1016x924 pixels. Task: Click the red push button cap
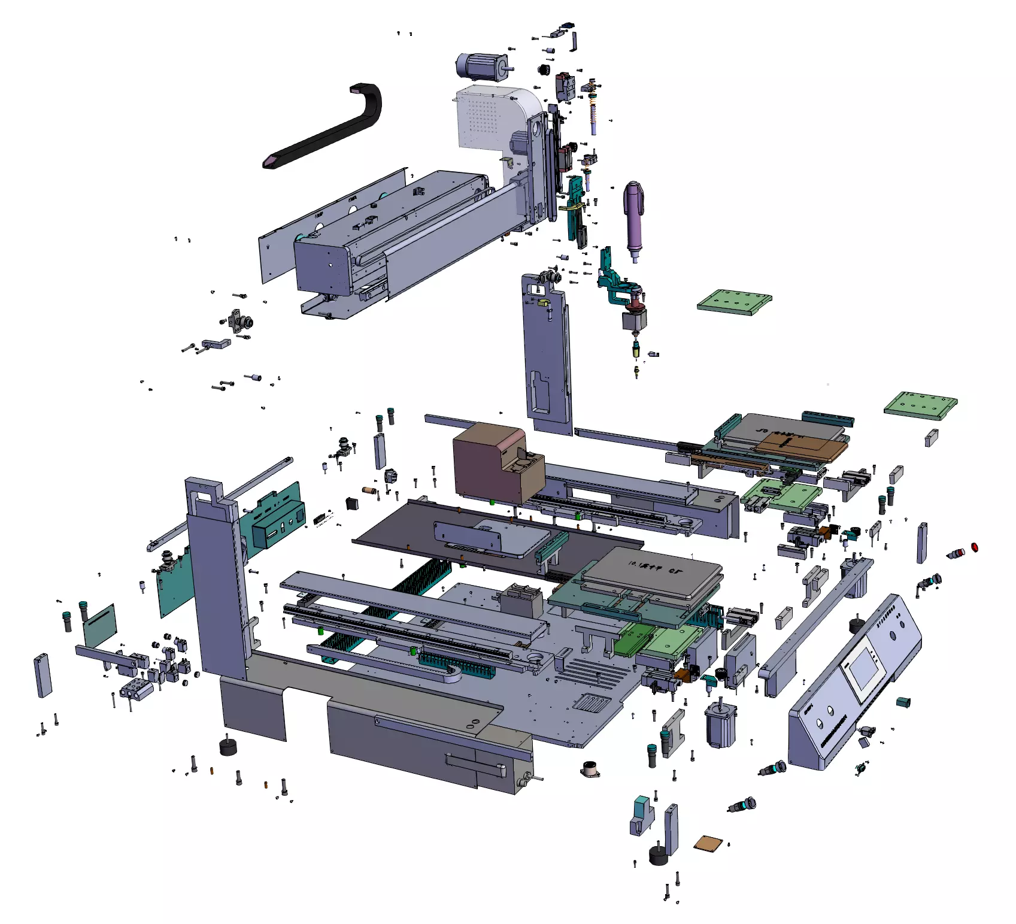click(x=974, y=547)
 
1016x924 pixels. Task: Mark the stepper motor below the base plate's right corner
click(x=720, y=725)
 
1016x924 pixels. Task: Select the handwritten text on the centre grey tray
click(x=656, y=566)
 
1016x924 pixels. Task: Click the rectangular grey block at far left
click(x=43, y=675)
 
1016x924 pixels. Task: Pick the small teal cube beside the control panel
click(x=903, y=702)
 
